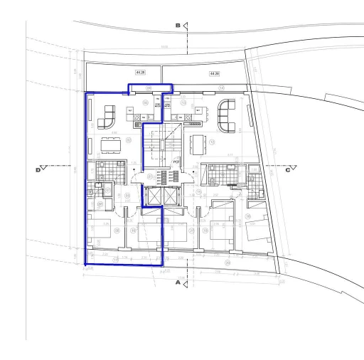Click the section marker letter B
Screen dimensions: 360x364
pyautogui.click(x=178, y=26)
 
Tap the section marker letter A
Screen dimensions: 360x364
pyautogui.click(x=177, y=282)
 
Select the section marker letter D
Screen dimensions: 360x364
pyautogui.click(x=38, y=169)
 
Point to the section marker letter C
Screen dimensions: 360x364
pyautogui.click(x=288, y=169)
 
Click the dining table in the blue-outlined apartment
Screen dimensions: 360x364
pyautogui.click(x=110, y=144)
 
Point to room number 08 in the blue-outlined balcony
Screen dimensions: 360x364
pyautogui.click(x=149, y=88)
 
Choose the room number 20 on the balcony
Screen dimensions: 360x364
pyautogui.click(x=227, y=262)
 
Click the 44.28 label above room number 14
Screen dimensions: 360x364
pyautogui.click(x=214, y=73)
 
